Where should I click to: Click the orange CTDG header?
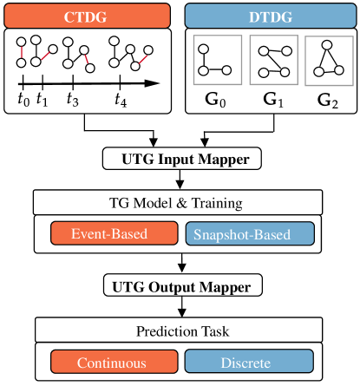pyautogui.click(x=87, y=16)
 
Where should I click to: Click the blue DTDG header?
pyautogui.click(x=271, y=16)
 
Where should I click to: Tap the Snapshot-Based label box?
pyautogui.click(x=250, y=234)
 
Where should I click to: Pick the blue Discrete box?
pyautogui.click(x=249, y=362)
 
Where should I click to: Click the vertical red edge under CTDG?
pyautogui.click(x=22, y=52)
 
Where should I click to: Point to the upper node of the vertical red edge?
pyautogui.click(x=22, y=42)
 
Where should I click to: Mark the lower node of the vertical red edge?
pyautogui.click(x=22, y=62)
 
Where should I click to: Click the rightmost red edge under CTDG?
pyautogui.click(x=142, y=58)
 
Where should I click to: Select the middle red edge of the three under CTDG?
pyautogui.click(x=87, y=59)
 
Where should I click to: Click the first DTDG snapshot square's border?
pyautogui.click(x=193, y=61)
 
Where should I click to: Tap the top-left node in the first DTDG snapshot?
pyautogui.click(x=204, y=49)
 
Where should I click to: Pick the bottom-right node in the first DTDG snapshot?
pyautogui.click(x=226, y=70)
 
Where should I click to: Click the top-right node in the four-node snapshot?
pyautogui.click(x=285, y=51)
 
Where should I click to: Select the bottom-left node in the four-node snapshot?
pyautogui.click(x=264, y=72)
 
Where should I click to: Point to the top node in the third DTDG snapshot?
pyautogui.click(x=326, y=45)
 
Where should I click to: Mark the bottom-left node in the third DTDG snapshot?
pyautogui.click(x=318, y=72)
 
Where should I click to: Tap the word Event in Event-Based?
pyautogui.click(x=88, y=233)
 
